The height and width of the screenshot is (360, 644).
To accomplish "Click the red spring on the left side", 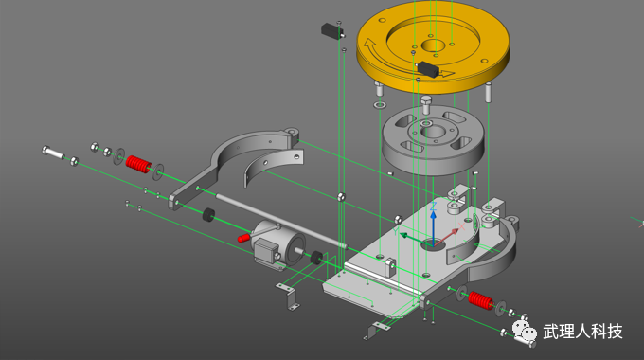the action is point(139,165).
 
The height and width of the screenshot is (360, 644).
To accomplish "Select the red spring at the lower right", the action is point(480,300).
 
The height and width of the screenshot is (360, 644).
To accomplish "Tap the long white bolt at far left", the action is point(53,153).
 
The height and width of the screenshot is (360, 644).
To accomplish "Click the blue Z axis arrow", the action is point(433,228).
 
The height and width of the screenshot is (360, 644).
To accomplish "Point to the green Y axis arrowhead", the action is point(402,236).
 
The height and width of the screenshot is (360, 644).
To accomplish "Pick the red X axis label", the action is point(461,226).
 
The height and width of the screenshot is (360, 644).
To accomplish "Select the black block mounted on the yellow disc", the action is point(429,69).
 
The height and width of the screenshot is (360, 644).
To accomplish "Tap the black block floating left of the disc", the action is point(331,31).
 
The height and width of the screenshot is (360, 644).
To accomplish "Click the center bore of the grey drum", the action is point(434,132).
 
